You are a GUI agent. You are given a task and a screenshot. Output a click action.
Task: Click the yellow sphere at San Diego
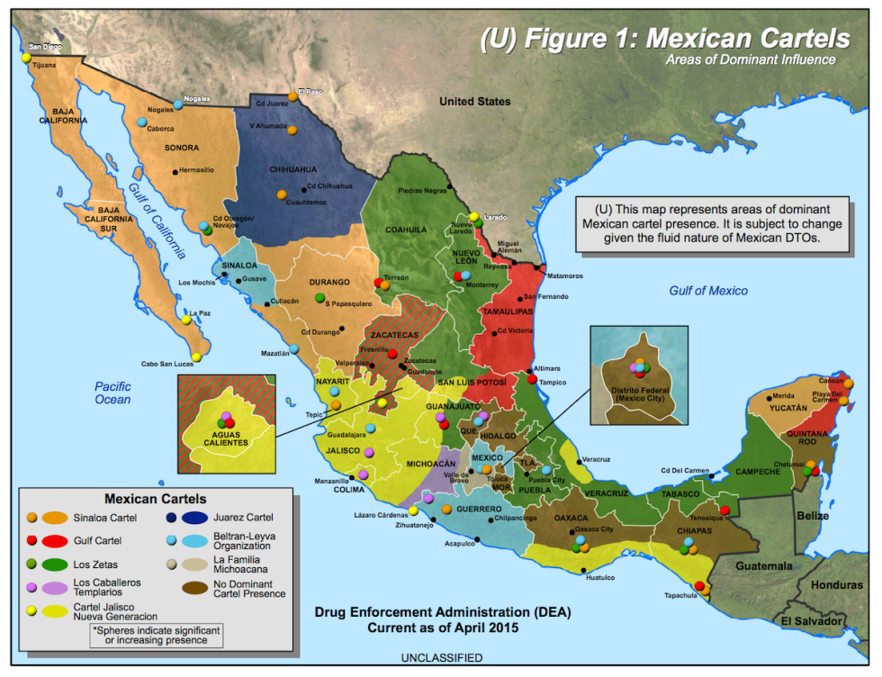pyautogui.click(x=27, y=58)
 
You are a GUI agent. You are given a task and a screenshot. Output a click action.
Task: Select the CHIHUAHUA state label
pyautogui.click(x=293, y=168)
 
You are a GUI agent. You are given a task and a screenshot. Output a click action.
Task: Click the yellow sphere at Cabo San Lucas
pyautogui.click(x=196, y=357)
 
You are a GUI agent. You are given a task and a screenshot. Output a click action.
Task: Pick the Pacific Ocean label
pyautogui.click(x=112, y=393)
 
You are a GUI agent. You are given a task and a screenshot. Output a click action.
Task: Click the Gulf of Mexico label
pyautogui.click(x=707, y=291)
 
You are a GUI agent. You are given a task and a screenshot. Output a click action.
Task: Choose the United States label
pyautogui.click(x=474, y=102)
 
